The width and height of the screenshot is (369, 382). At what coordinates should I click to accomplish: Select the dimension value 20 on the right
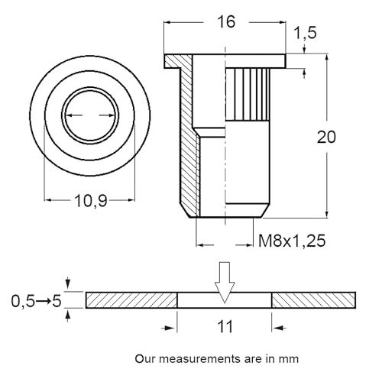pos(327,138)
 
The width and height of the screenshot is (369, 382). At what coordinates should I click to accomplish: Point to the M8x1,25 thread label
pos(292,241)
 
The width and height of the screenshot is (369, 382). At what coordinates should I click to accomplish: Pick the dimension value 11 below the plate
pos(224,327)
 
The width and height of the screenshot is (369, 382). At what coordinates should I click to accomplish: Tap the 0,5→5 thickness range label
pos(36,301)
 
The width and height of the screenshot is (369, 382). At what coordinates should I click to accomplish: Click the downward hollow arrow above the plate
pos(224,280)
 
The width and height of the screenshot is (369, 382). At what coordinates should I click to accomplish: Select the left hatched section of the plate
pos(131,300)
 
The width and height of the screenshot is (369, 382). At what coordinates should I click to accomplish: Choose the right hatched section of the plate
pos(313,300)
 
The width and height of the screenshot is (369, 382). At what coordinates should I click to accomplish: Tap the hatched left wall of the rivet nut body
pos(186,138)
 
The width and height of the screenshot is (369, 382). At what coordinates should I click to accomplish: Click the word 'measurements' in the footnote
pos(194,358)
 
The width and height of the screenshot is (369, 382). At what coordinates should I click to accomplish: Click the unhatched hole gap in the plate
pos(224,301)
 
